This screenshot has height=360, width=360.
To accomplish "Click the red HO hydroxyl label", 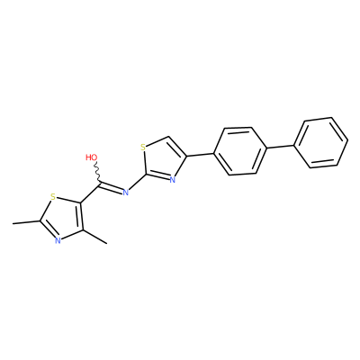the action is tap(92, 157).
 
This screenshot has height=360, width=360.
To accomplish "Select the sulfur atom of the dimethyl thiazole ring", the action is tap(53, 197).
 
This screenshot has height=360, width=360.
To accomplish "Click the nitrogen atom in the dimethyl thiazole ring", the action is tap(58, 240).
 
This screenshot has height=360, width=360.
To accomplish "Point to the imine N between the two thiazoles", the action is tap(126, 192).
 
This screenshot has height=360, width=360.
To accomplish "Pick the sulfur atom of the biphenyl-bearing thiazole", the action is tap(143, 148).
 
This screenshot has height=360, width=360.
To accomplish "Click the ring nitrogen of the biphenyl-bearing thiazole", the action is tap(172, 180).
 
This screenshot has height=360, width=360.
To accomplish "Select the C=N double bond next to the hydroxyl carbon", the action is tap(110, 186).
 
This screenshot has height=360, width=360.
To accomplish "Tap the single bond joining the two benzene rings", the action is tap(281, 147).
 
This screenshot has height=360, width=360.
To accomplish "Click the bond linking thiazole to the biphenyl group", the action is tap(201, 155).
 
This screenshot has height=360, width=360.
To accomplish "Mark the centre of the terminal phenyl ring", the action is tap(321, 142).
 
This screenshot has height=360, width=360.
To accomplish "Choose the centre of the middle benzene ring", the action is tap(240, 151).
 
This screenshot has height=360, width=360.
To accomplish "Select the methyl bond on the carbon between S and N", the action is tap(27, 222).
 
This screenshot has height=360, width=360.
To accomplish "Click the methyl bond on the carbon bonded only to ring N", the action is tap(94, 237).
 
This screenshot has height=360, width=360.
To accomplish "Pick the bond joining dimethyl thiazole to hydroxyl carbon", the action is tap(90, 193).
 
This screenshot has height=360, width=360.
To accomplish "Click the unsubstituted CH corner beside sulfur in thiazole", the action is tap(168, 137).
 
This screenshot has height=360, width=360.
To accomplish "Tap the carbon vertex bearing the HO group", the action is tap(99, 182).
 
